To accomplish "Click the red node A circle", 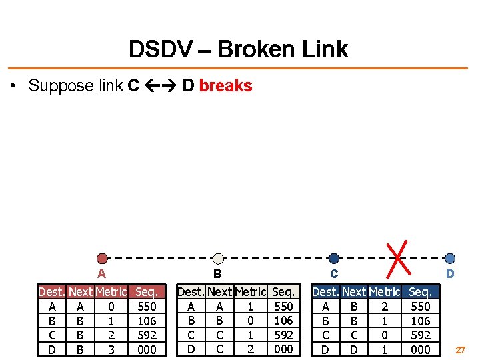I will pyautogui.click(x=101, y=258).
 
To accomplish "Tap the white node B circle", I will pyautogui.click(x=218, y=258).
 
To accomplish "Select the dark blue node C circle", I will pyautogui.click(x=334, y=258).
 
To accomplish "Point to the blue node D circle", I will pyautogui.click(x=450, y=258).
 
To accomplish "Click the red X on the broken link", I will pyautogui.click(x=398, y=257).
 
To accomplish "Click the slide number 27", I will pyautogui.click(x=461, y=349).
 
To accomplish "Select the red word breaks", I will pyautogui.click(x=225, y=85).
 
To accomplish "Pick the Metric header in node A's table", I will pyautogui.click(x=111, y=292).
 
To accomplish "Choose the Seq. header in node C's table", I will pyautogui.click(x=420, y=292).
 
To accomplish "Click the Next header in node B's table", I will pyautogui.click(x=220, y=292).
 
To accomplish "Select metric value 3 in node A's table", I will pyautogui.click(x=111, y=349).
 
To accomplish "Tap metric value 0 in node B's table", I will pyautogui.click(x=250, y=321).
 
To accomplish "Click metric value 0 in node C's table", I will pyautogui.click(x=385, y=335).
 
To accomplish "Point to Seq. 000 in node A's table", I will pyautogui.click(x=147, y=349).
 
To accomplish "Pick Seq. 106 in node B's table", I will pyautogui.click(x=284, y=321).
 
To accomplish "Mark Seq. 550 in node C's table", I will pyautogui.click(x=420, y=307).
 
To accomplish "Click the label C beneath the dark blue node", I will pyautogui.click(x=334, y=273).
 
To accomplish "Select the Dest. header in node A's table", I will pyautogui.click(x=52, y=292).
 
